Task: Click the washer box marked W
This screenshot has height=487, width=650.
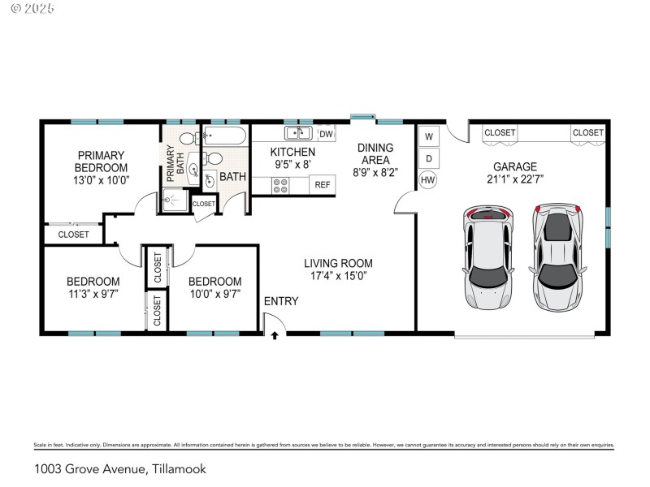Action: [428, 136]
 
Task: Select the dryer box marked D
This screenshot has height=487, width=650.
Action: [428, 157]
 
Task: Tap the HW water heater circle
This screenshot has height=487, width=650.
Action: [428, 179]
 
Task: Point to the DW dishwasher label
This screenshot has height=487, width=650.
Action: [326, 134]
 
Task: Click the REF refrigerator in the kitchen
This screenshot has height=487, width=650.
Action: [323, 185]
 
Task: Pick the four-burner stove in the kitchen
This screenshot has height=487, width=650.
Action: [281, 185]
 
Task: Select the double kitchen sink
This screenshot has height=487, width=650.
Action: [298, 133]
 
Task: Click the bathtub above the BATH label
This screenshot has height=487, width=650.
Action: [224, 136]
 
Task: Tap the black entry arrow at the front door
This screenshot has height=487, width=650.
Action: [275, 334]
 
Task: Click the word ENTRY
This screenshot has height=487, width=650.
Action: [281, 301]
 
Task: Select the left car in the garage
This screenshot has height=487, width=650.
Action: [488, 256]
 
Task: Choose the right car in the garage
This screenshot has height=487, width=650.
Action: [558, 256]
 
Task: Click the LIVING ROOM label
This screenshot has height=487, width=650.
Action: [338, 263]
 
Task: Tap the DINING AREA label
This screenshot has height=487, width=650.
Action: [375, 153]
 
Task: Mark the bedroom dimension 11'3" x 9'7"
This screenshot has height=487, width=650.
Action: [93, 294]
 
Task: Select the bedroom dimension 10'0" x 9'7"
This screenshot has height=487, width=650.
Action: [214, 294]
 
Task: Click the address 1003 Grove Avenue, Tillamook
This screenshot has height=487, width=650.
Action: [120, 469]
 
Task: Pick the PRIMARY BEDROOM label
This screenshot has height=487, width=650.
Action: [102, 161]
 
